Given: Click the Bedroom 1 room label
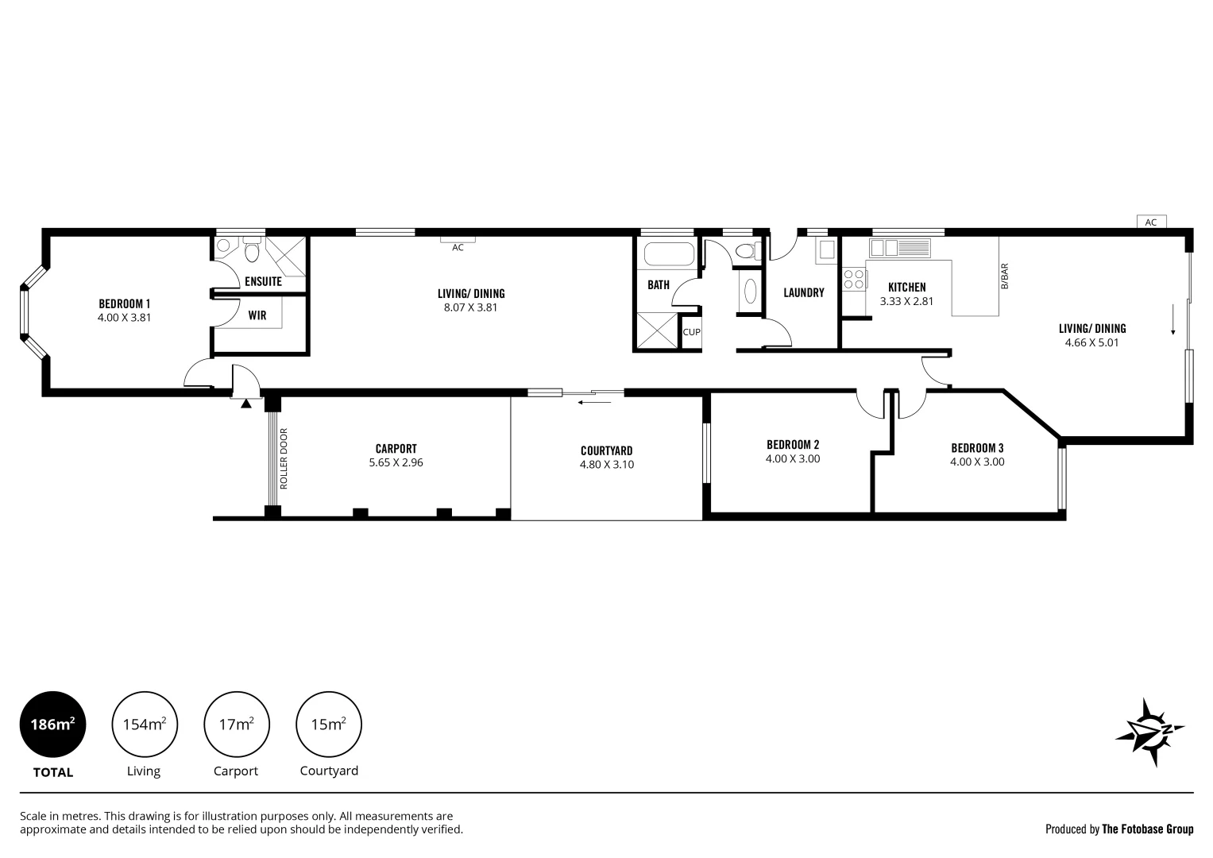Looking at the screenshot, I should click(124, 303).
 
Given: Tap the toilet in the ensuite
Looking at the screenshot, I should click(252, 252).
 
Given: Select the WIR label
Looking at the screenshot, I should click(257, 315).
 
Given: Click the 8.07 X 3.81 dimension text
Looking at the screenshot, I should click(470, 307).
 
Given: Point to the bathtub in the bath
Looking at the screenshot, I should click(668, 255).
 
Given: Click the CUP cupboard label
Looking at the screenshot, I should click(691, 332).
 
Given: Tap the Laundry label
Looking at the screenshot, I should click(803, 292).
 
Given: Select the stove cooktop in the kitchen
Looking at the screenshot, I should click(854, 280).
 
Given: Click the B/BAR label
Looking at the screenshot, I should click(1004, 276).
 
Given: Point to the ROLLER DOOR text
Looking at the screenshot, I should click(284, 458).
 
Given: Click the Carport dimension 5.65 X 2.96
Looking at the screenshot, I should click(396, 462).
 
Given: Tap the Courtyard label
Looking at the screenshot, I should click(606, 450).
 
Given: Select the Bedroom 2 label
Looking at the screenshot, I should click(792, 444).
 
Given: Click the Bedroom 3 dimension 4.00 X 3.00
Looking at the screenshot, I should click(976, 462).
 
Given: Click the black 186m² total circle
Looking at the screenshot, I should click(52, 725).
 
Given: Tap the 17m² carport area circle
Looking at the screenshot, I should click(237, 725).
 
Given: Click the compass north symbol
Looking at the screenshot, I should click(1150, 732).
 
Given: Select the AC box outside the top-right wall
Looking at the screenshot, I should click(1150, 222).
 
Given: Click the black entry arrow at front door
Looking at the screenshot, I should click(245, 404).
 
